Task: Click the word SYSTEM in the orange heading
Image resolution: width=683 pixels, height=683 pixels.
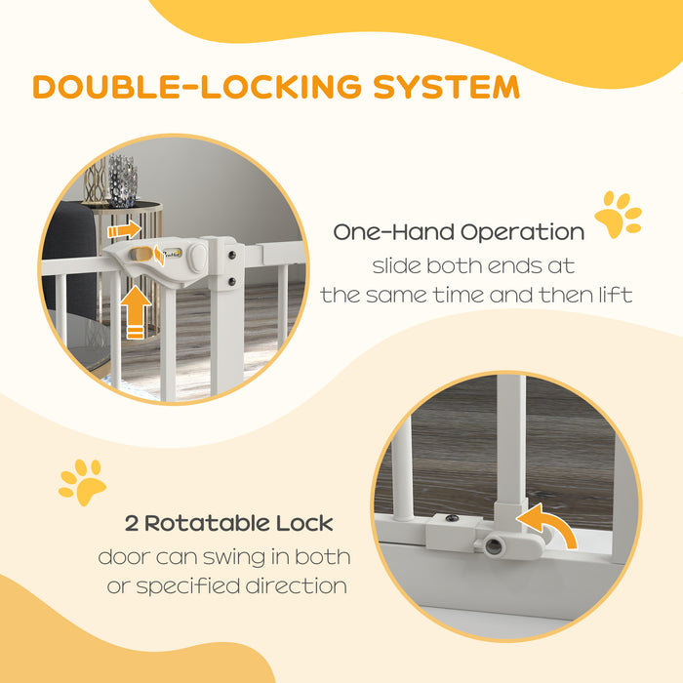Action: (x=446, y=86)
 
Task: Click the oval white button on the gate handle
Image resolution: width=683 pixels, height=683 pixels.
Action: (x=199, y=260)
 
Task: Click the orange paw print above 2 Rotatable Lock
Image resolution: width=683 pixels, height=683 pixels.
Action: (x=82, y=481)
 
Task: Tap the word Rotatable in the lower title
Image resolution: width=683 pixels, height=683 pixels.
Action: (x=210, y=524)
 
